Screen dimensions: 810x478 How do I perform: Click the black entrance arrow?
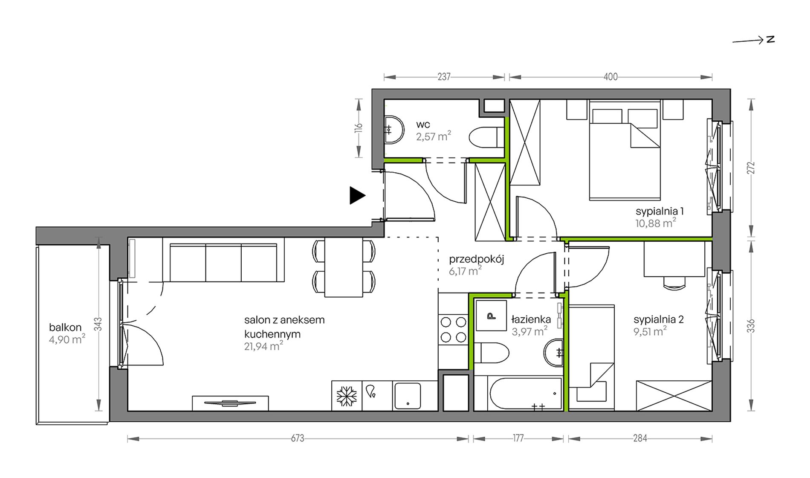coord(357,196)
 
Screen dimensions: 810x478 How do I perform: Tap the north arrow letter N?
coord(770,39)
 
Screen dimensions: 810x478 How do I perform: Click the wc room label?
coord(423,125)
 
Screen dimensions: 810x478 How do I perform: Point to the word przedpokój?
coord(477,259)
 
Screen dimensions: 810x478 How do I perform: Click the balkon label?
coord(65,327)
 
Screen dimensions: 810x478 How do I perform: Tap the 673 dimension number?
coord(298,438)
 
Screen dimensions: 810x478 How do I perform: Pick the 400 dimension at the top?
coord(610,77)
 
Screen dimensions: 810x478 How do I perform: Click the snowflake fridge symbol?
coord(347,396)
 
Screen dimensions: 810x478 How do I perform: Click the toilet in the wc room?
coord(486,137)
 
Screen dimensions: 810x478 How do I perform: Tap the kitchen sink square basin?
coord(408,396)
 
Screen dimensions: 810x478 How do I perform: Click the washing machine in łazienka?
coord(491,316)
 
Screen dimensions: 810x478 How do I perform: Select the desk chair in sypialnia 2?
coord(674,283)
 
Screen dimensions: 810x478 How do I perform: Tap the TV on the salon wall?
coord(230,403)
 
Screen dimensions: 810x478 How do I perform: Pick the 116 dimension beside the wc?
coord(358,128)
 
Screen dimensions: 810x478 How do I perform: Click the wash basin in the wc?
coord(394,130)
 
